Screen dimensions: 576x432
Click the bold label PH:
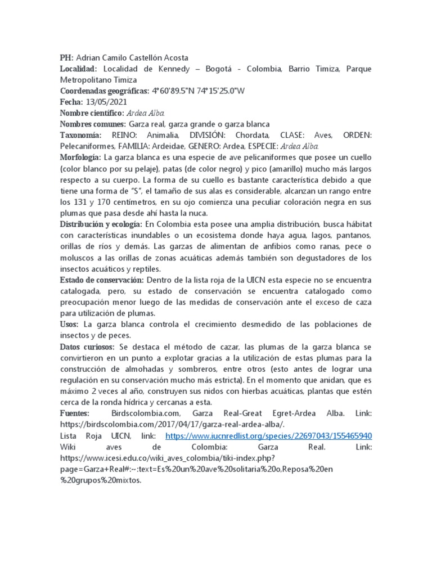click(x=66, y=57)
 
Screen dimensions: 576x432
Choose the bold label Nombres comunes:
click(x=93, y=124)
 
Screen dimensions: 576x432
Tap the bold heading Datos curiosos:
click(x=87, y=347)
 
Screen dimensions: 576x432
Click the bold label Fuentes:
click(x=74, y=414)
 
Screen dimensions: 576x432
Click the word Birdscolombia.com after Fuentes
click(x=149, y=414)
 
